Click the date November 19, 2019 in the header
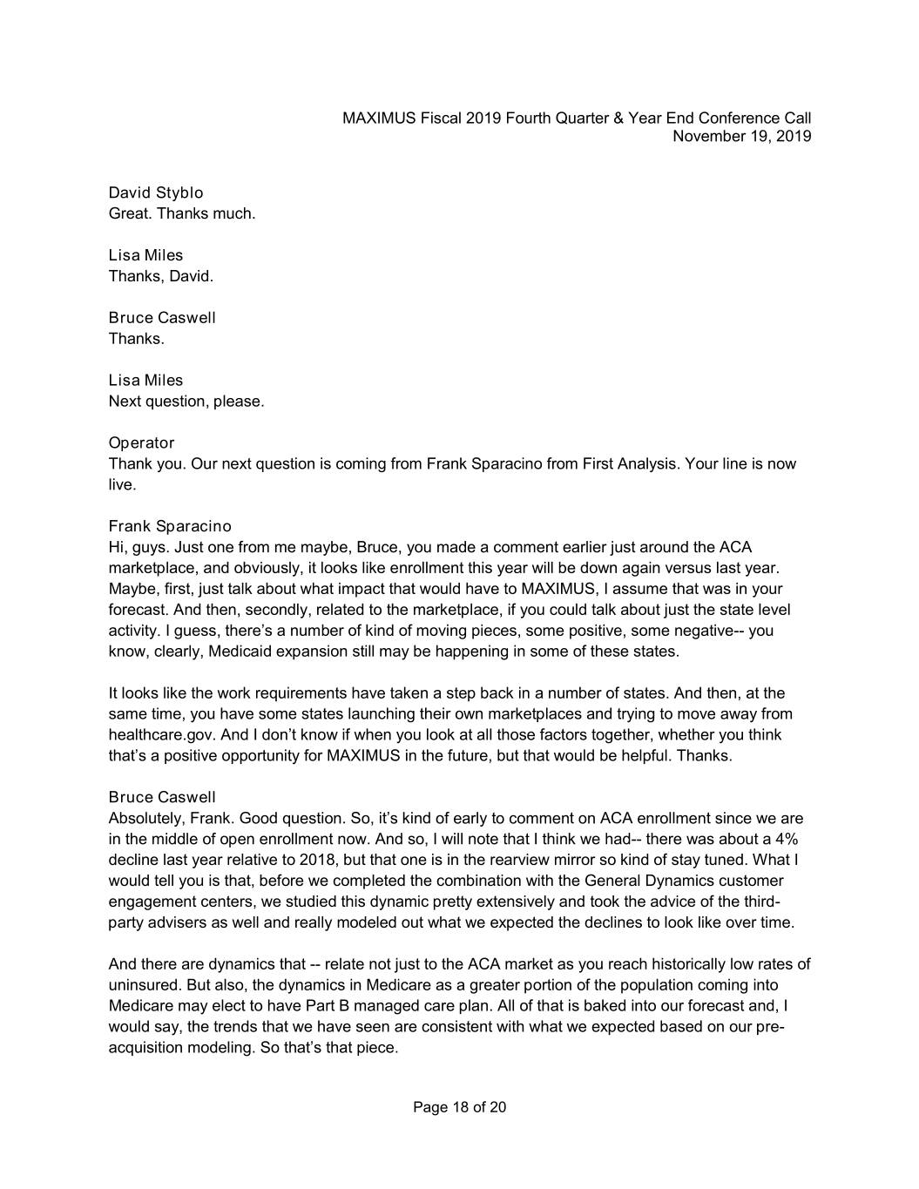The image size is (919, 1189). coord(741,136)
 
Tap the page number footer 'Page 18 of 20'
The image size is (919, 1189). coord(459,1107)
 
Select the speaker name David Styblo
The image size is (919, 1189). coord(156,193)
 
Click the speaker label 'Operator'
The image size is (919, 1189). coord(141,442)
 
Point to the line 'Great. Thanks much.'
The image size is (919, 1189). coord(182,213)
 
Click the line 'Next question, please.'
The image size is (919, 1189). coord(186,402)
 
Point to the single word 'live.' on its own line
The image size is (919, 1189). coord(122,484)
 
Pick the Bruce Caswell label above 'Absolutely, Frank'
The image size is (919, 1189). coord(162,797)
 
